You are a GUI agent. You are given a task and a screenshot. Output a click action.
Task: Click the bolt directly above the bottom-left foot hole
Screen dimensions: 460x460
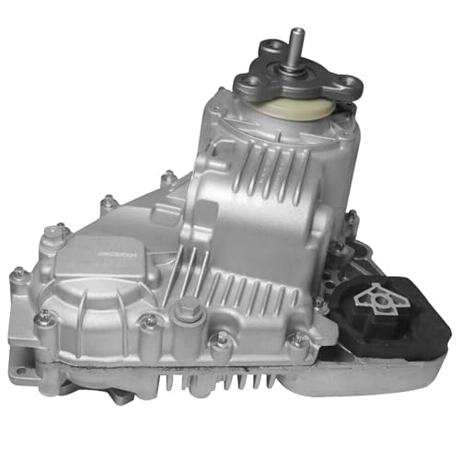43,317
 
